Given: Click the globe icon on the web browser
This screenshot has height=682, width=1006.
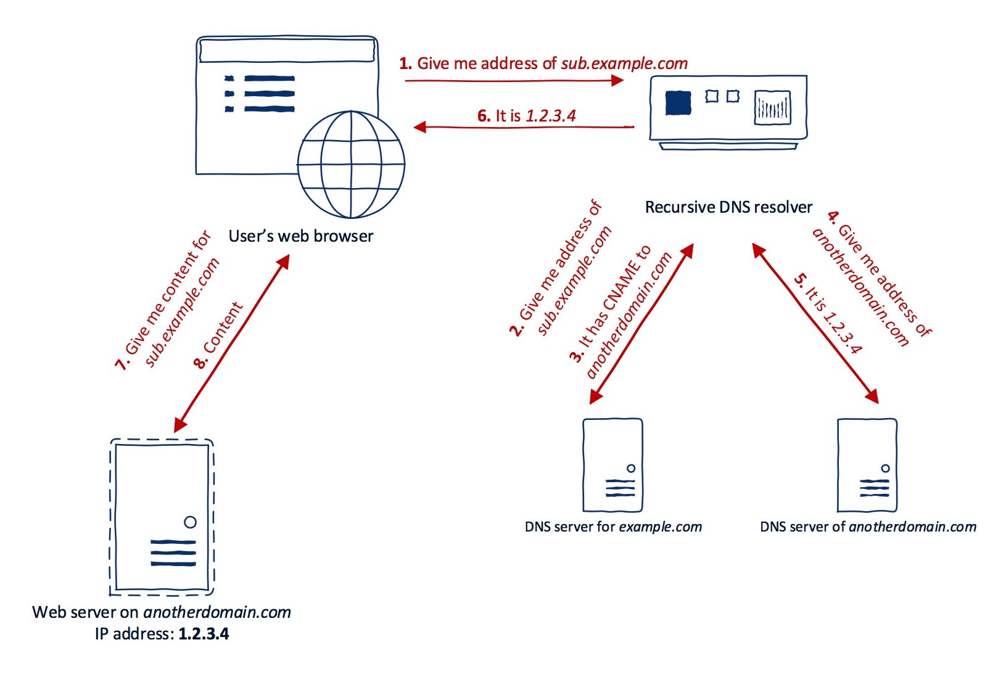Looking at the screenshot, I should (351, 165).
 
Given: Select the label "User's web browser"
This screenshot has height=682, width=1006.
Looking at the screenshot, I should (301, 236).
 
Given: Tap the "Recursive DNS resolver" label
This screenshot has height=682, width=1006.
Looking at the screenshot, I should (728, 207).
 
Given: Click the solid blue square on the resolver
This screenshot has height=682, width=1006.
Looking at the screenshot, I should (678, 103).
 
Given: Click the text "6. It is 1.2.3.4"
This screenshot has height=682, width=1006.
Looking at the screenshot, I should (527, 116).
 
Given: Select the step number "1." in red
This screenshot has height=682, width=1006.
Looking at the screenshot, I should (405, 64).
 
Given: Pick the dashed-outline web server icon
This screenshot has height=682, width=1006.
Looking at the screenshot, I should (162, 517).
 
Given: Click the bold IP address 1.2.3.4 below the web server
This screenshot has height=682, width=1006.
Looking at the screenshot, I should (204, 634).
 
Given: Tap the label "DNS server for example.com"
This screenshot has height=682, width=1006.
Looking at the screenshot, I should (613, 527).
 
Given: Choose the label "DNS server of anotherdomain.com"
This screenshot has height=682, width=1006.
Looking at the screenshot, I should (868, 527).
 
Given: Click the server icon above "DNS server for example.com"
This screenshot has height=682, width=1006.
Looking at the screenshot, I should (612, 465).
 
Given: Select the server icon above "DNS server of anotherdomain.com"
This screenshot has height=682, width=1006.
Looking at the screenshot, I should (867, 465).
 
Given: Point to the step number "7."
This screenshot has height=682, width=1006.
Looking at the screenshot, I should (122, 363).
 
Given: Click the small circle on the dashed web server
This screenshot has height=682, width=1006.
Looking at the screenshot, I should (190, 522).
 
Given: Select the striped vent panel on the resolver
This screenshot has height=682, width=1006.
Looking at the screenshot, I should (772, 107).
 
